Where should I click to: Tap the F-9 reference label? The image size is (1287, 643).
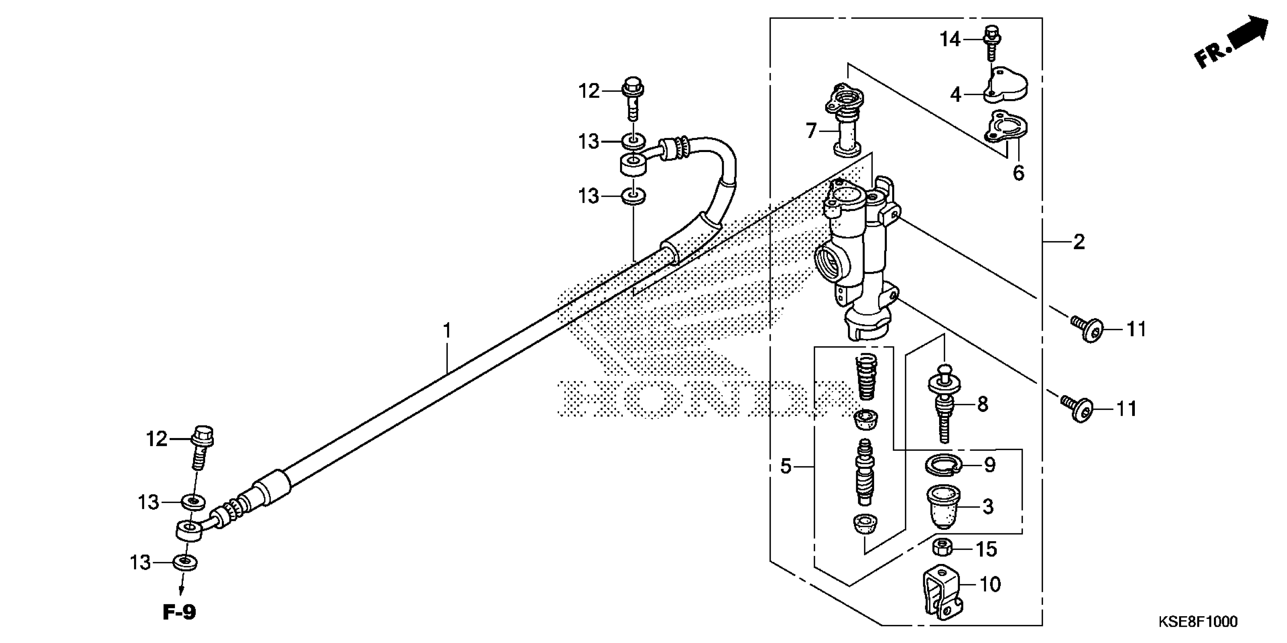click(x=179, y=612)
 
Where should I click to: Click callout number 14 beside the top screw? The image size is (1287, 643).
click(x=950, y=39)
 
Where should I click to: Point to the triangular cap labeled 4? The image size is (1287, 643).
click(x=1005, y=85)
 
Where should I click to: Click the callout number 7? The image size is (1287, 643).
click(x=811, y=131)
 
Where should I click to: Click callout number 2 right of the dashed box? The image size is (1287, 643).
click(x=1079, y=242)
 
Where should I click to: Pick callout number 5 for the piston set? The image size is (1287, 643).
click(x=786, y=467)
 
